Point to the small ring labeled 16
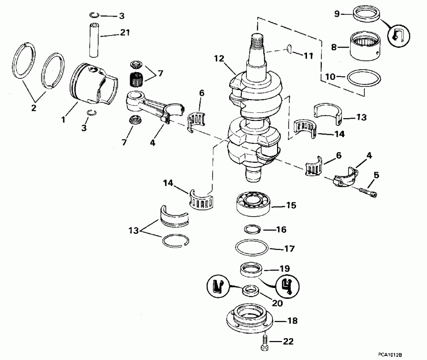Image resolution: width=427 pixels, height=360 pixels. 252,230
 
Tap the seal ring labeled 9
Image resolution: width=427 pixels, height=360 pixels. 367,16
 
